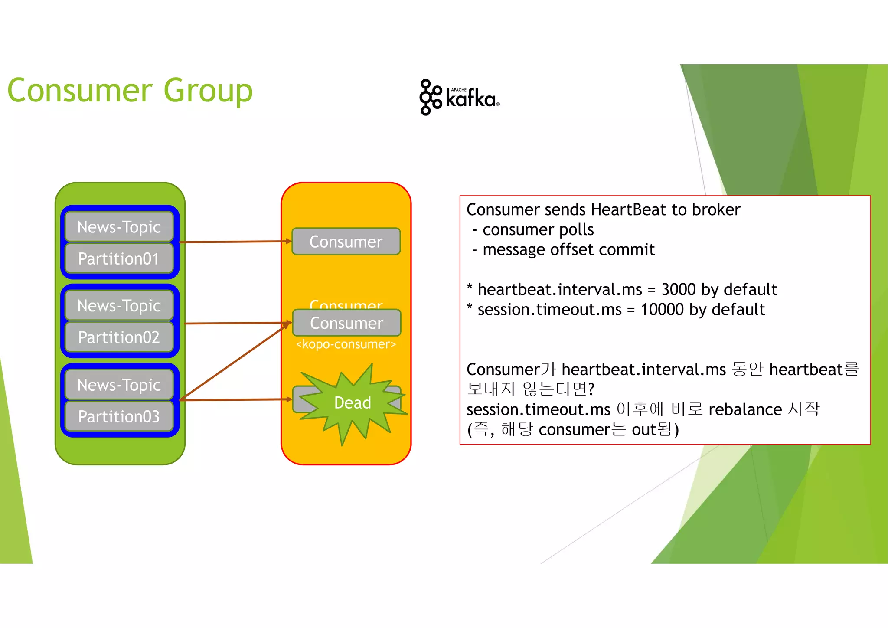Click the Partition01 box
(119, 259)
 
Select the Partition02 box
(119, 337)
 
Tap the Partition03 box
(119, 417)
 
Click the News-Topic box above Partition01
(119, 227)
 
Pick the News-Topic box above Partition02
(119, 306)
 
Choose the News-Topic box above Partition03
(119, 385)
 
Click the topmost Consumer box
(346, 242)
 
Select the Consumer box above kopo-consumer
(346, 323)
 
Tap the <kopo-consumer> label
(346, 344)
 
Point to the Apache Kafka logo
(459, 97)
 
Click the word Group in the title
(208, 91)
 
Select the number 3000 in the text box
(679, 289)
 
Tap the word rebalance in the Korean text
(745, 409)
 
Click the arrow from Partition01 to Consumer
(234, 242)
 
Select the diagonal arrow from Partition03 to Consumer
(234, 362)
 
